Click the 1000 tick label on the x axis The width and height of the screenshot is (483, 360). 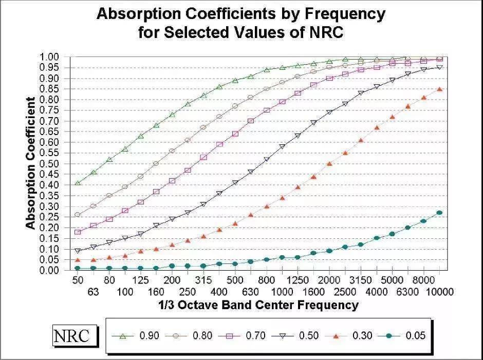[x=282, y=292]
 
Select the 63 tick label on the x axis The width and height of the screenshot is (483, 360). [x=93, y=292]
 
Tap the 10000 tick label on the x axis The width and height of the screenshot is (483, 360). [x=439, y=292]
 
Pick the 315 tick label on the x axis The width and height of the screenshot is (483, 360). [x=203, y=280]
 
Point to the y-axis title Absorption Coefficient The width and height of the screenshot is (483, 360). [x=31, y=163]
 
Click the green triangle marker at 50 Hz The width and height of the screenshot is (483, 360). [x=78, y=183]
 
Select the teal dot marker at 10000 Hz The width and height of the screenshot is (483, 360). [x=439, y=213]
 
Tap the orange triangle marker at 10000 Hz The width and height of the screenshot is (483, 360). [x=439, y=89]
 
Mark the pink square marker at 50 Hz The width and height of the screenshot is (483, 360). [x=78, y=232]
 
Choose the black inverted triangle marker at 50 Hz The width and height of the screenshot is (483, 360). [x=78, y=251]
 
